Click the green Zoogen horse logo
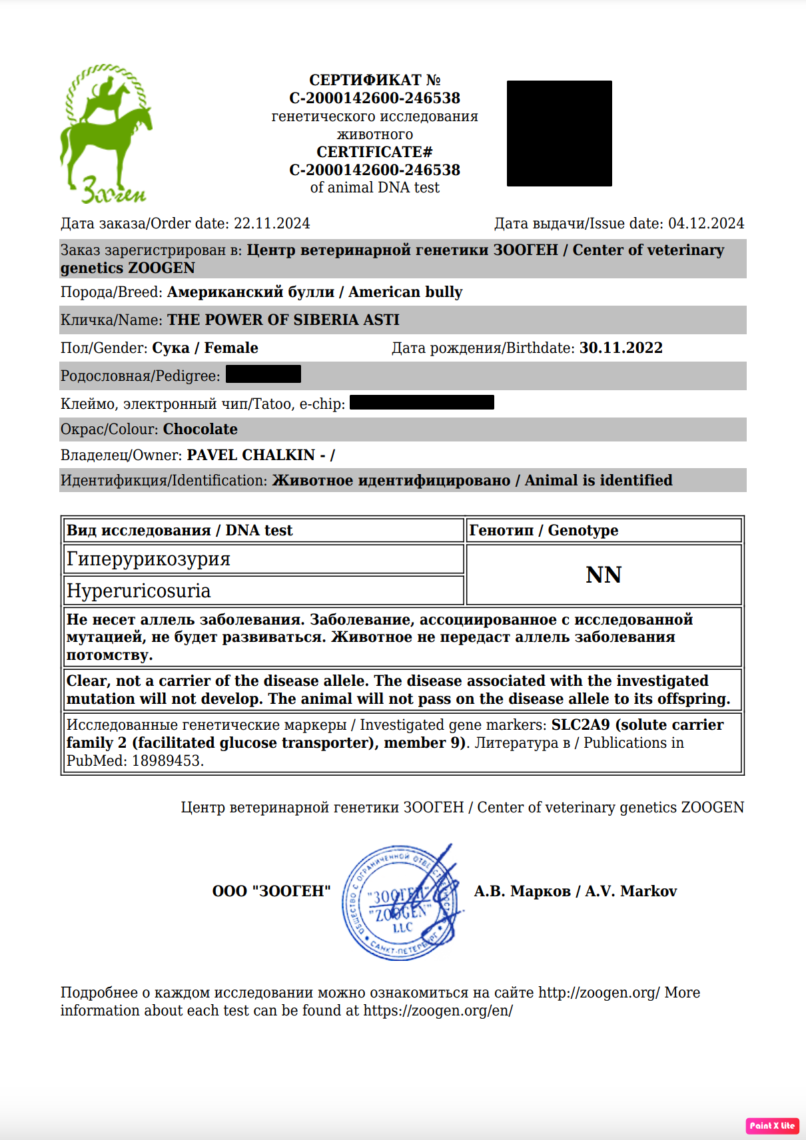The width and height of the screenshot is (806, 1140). coord(105,133)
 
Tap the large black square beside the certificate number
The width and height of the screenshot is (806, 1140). coord(559,133)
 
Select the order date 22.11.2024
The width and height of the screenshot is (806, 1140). coord(272,224)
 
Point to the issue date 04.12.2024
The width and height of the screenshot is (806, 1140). coord(706,224)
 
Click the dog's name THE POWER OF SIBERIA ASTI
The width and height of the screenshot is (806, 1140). coord(283,320)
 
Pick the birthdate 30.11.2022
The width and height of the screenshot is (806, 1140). coord(621,348)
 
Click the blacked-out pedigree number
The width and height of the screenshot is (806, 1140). coord(263,374)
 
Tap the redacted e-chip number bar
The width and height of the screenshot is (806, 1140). coord(422,402)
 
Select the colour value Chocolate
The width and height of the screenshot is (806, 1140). coord(201,429)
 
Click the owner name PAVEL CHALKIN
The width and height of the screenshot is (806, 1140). coord(251,455)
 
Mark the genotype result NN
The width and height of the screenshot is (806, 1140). coord(604,575)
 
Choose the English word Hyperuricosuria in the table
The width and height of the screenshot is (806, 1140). coord(139,591)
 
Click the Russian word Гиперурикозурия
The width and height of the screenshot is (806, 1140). coord(148,559)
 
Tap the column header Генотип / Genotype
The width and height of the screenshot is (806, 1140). coord(544,531)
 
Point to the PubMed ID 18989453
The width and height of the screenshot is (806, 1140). coord(168,760)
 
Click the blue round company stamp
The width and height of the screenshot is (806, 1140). coord(400,902)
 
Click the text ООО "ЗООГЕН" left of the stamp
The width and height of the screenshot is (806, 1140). coord(271,892)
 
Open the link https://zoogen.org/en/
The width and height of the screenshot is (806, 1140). coord(438,1011)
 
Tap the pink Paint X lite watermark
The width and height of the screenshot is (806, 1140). coord(772,1125)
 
